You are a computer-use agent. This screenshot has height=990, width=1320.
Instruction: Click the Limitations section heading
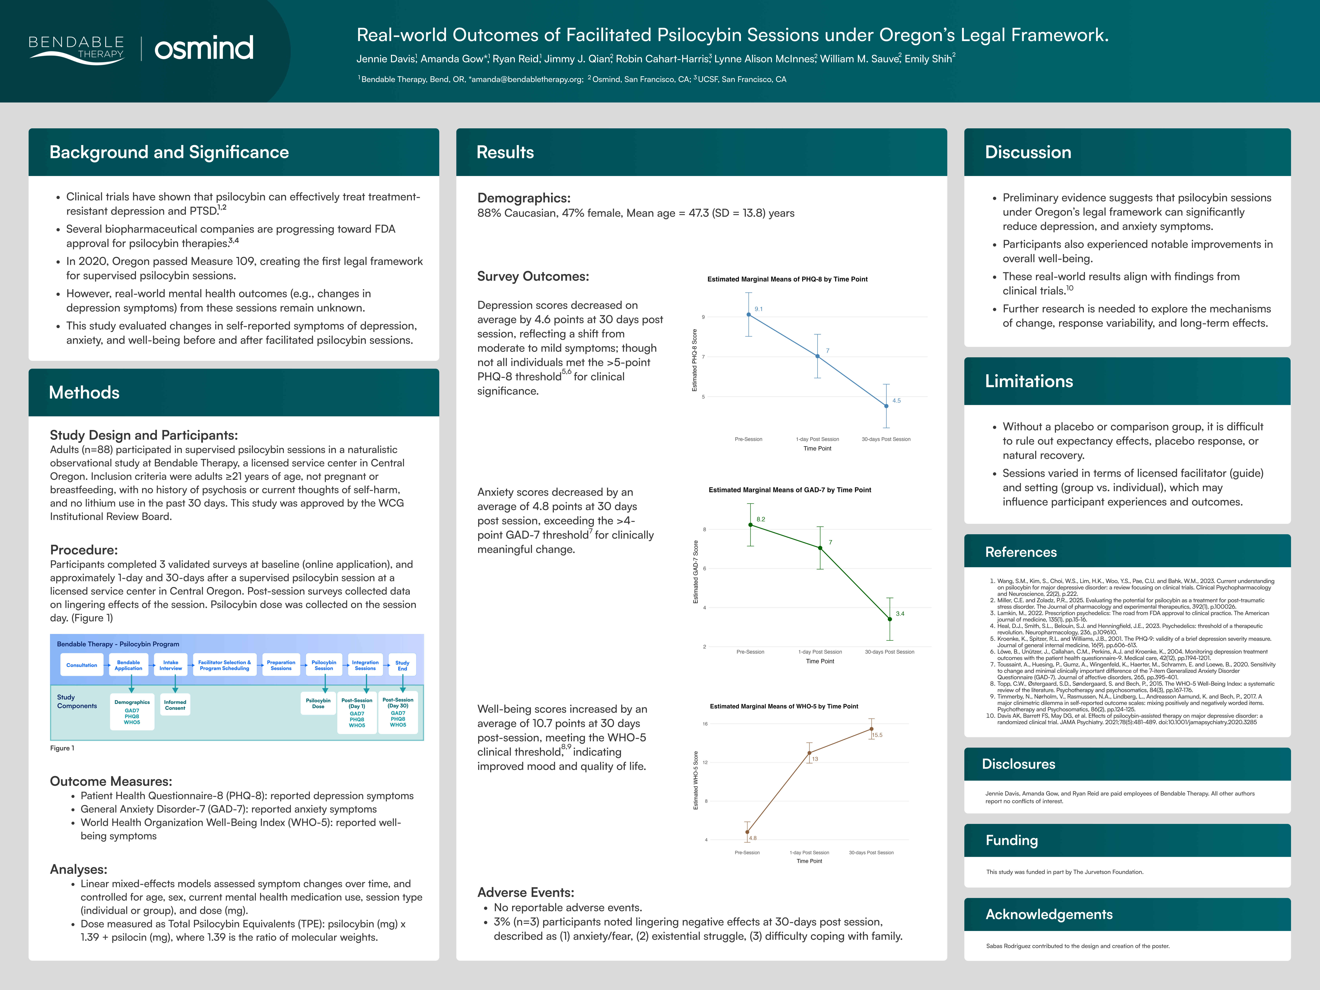point(1029,381)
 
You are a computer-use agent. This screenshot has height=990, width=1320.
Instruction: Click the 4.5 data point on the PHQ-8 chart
point(886,406)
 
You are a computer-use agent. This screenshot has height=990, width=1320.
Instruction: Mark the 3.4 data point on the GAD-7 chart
point(890,619)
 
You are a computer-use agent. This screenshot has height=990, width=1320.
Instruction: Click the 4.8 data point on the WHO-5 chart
point(747,832)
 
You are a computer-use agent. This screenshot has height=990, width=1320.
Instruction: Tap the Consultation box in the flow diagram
point(82,665)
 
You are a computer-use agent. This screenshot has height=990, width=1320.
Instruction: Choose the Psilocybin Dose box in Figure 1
point(318,704)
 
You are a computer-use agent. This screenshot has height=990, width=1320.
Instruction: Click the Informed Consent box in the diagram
point(175,705)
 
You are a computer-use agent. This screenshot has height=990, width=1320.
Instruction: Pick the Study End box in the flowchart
point(402,665)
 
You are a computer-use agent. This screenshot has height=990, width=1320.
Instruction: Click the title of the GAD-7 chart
point(789,490)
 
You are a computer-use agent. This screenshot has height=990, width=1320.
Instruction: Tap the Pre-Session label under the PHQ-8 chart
point(748,439)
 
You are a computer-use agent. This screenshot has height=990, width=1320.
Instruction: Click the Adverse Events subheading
point(525,892)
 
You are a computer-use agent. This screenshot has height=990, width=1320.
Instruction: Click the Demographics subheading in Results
point(523,198)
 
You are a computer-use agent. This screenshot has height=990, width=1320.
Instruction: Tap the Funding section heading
point(1011,840)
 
